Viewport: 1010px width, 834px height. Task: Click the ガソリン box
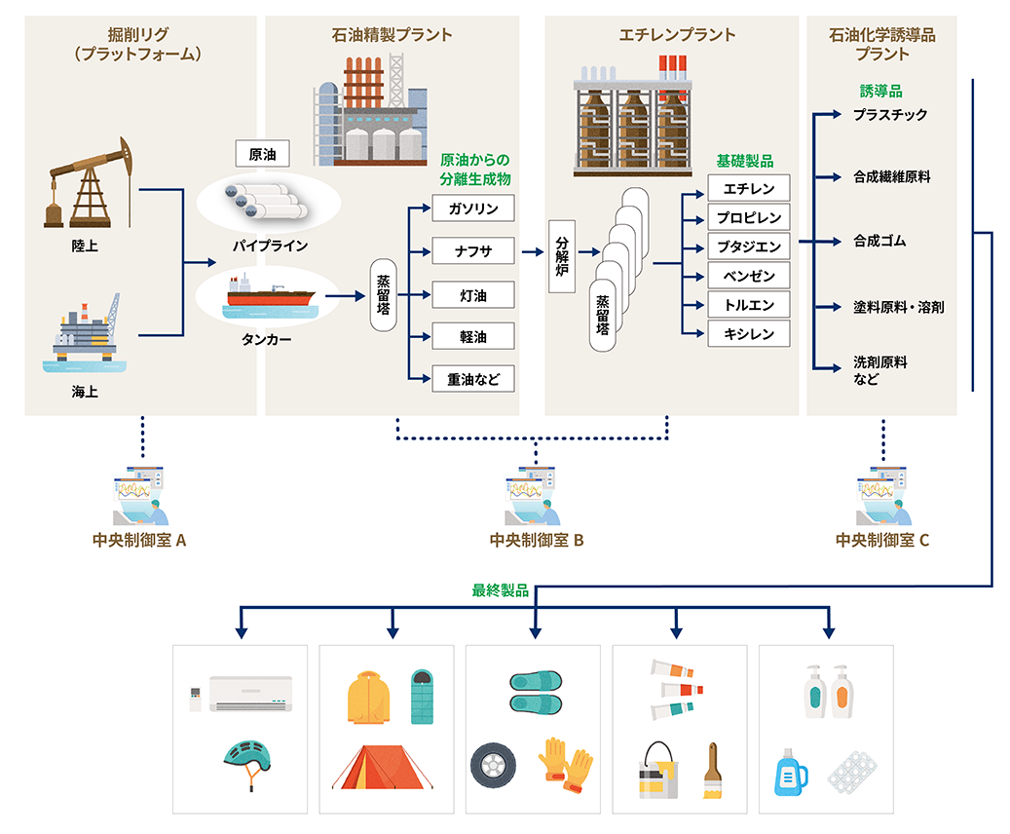tap(473, 209)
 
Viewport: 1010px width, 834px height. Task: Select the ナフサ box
tap(473, 252)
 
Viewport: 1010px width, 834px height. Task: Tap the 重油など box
tap(473, 379)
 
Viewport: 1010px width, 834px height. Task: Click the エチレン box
tap(749, 188)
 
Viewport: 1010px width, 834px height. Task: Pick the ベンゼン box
tap(749, 277)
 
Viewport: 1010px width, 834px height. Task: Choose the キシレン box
tap(749, 334)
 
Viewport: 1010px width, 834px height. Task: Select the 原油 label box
tap(262, 154)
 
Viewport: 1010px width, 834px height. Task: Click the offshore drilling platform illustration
tap(86, 332)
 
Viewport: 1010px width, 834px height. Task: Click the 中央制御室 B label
tap(537, 541)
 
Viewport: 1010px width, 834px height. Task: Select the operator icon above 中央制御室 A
tap(141, 498)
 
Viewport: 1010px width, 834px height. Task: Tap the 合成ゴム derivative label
tap(879, 241)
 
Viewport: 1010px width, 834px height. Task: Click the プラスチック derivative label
tap(889, 115)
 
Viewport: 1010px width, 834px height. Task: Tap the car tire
tap(493, 766)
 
